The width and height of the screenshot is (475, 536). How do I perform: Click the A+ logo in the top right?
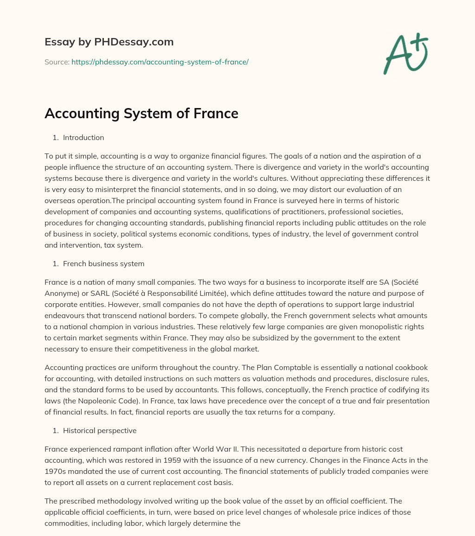click(x=406, y=53)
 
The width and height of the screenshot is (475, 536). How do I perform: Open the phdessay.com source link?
click(x=160, y=62)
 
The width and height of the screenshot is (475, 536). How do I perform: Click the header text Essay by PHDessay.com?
click(x=109, y=42)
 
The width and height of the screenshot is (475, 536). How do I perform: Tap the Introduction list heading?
click(x=83, y=138)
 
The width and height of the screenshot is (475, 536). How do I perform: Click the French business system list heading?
click(x=103, y=264)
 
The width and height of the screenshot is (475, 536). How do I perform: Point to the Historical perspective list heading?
click(x=100, y=431)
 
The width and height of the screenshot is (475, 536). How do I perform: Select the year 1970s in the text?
click(x=56, y=472)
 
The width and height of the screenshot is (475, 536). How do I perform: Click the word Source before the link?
click(x=56, y=62)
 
